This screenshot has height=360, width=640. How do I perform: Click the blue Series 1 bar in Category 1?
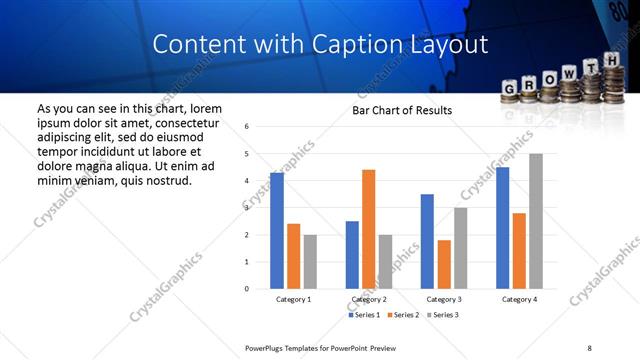click(277, 231)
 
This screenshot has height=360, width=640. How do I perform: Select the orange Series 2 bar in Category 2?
click(368, 229)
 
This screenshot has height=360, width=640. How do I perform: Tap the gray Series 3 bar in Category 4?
click(536, 221)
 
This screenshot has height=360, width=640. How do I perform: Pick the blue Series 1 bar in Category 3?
click(427, 241)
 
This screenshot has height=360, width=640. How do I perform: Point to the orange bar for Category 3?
click(444, 264)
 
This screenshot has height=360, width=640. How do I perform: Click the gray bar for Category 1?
click(310, 262)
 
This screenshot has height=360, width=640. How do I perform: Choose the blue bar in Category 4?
click(502, 228)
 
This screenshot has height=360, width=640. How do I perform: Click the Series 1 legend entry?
click(365, 315)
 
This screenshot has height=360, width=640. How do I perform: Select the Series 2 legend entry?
click(405, 315)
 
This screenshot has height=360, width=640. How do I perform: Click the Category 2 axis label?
click(369, 299)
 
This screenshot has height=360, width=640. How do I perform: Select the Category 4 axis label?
click(519, 299)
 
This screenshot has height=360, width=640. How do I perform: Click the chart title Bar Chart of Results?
click(402, 110)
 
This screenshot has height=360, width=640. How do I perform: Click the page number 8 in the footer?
click(590, 348)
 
